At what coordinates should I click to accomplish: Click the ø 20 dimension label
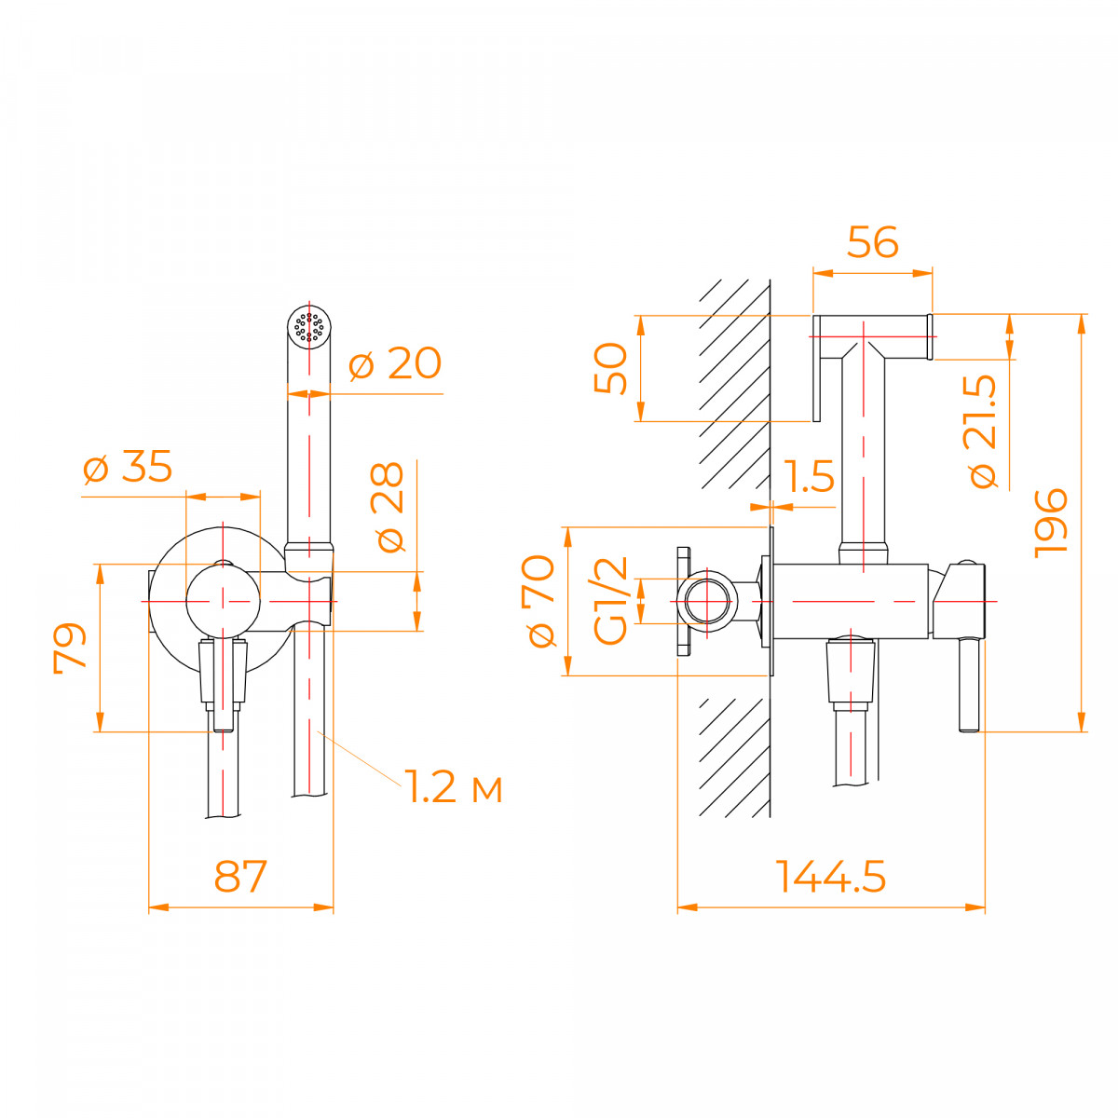coord(395,363)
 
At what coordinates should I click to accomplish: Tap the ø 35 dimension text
coord(128,467)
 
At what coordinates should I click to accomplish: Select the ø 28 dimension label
coord(387,507)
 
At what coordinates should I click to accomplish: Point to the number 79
coord(70,648)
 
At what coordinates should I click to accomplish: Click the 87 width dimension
coord(240,877)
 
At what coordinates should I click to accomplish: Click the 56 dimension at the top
coord(873,242)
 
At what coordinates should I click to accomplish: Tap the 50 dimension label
coord(611,368)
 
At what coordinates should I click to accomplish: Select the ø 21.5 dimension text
coord(980,431)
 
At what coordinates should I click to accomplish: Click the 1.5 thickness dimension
coord(809,476)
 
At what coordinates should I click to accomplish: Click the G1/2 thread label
coord(610,601)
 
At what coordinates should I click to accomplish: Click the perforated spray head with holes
coord(309,327)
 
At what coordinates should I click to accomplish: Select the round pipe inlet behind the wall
coord(706,601)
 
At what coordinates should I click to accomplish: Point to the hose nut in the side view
coord(850,673)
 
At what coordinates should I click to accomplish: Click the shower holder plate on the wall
coord(816,368)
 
